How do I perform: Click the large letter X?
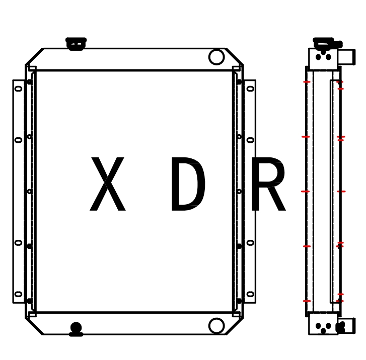click(x=107, y=185)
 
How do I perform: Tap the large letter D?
click(x=187, y=185)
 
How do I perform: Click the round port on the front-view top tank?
click(x=216, y=57)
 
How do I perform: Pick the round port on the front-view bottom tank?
click(x=216, y=325)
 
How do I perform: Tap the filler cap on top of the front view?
click(x=76, y=44)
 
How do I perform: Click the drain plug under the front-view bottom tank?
click(x=76, y=329)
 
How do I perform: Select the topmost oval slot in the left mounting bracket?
click(x=19, y=89)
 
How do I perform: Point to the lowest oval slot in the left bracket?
click(x=19, y=294)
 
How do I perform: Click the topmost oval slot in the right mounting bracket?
click(x=250, y=89)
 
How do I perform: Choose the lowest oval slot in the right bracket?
click(x=250, y=294)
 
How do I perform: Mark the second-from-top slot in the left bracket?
click(x=19, y=140)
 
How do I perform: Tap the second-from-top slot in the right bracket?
click(x=250, y=140)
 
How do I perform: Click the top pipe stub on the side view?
click(x=347, y=57)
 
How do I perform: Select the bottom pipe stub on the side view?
click(x=346, y=326)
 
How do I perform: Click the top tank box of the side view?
click(x=323, y=59)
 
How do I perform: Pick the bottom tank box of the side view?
click(x=323, y=323)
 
